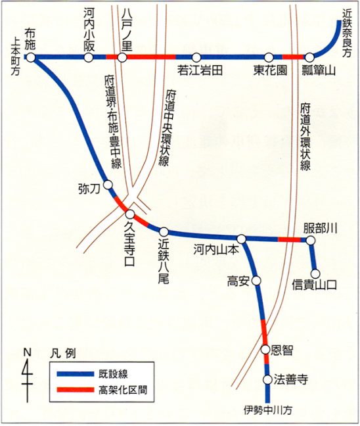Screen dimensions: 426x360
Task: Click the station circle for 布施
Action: click(x=30, y=57)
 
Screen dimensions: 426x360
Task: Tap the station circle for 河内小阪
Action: click(x=89, y=58)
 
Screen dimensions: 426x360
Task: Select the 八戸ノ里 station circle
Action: click(x=122, y=58)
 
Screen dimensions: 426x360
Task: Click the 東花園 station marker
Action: click(x=269, y=58)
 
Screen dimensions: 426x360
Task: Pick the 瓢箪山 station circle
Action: click(x=308, y=58)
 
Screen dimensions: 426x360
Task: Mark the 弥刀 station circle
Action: click(x=108, y=185)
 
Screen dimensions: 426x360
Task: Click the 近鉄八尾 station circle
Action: click(x=164, y=231)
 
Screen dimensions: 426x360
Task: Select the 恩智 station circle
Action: click(x=265, y=349)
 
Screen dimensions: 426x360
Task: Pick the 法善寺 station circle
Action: click(x=267, y=380)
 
